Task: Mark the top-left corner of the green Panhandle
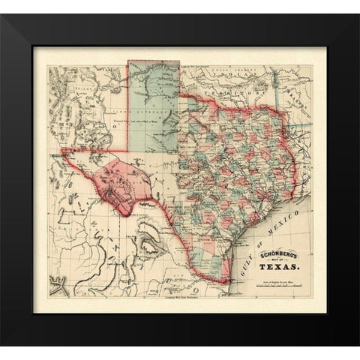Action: pyautogui.click(x=128, y=61)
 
